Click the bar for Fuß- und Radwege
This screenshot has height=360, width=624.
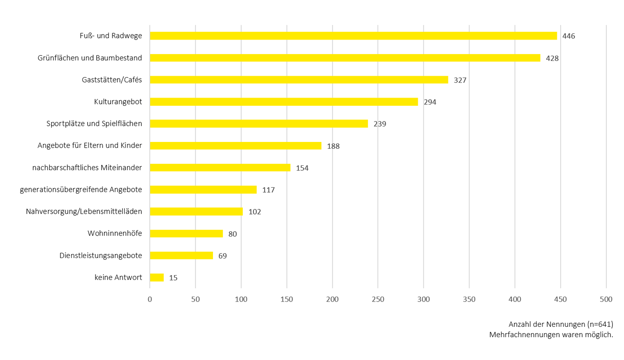pyautogui.click(x=353, y=36)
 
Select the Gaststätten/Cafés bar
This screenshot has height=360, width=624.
pyautogui.click(x=299, y=80)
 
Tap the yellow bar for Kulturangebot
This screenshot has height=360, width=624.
pyautogui.click(x=284, y=101)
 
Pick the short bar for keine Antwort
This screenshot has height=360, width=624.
pyautogui.click(x=156, y=278)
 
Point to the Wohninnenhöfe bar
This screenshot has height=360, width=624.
pyautogui.click(x=186, y=234)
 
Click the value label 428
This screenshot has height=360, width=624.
pyautogui.click(x=552, y=58)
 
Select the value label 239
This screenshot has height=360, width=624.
pyautogui.click(x=380, y=124)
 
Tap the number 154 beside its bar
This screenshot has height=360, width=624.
pyautogui.click(x=302, y=168)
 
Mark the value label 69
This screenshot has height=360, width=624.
pyautogui.click(x=222, y=256)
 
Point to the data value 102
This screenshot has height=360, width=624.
pyautogui.click(x=254, y=212)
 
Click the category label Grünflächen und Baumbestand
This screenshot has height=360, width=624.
pyautogui.click(x=90, y=58)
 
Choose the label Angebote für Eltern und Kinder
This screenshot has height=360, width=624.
pyautogui.click(x=90, y=145)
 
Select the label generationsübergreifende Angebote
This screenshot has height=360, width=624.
pyautogui.click(x=81, y=189)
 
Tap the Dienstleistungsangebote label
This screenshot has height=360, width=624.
pyautogui.click(x=101, y=255)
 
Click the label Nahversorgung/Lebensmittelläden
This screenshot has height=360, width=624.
pyautogui.click(x=84, y=211)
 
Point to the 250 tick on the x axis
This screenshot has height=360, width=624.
pyautogui.click(x=378, y=300)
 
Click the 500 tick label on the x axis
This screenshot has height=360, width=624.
pyautogui.click(x=606, y=300)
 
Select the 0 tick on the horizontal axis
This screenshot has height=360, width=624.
pyautogui.click(x=150, y=300)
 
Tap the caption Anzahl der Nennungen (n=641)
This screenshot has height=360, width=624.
pyautogui.click(x=561, y=324)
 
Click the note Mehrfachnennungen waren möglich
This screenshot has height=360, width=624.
pyautogui.click(x=551, y=335)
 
